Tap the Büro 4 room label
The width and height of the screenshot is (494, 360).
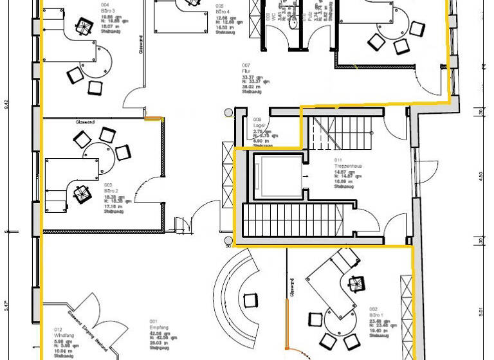[223, 12]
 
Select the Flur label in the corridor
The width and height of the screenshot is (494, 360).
[245, 71]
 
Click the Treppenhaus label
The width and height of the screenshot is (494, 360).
[347, 166]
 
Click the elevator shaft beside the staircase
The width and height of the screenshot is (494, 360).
[277, 176]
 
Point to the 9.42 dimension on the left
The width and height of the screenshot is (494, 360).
[6, 105]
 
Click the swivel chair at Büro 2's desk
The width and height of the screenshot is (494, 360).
[80, 193]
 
